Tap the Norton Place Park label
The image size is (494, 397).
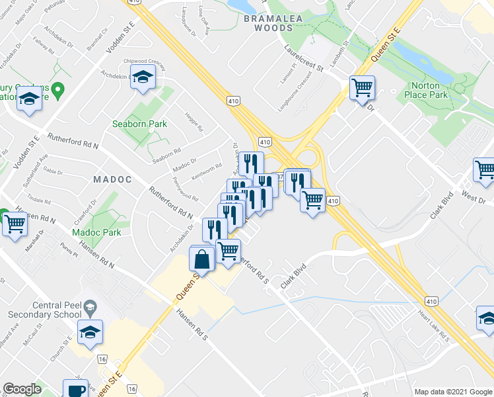click(429, 90)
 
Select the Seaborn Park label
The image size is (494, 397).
click(139, 124)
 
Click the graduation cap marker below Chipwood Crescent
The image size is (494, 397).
click(142, 77)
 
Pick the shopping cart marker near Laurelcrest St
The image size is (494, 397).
click(362, 87)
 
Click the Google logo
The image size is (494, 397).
click(22, 389)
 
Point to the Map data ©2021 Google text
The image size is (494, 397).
click(453, 391)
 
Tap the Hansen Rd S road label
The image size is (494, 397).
click(192, 324)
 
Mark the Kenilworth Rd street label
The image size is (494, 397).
click(206, 170)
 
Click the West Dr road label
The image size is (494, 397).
click(473, 199)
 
